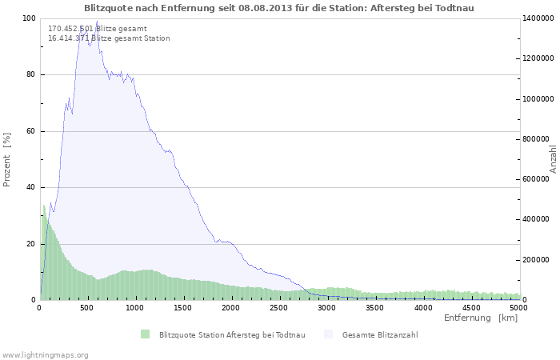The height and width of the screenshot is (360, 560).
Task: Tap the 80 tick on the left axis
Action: (30, 75)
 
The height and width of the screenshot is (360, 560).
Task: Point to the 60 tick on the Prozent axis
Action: (30, 131)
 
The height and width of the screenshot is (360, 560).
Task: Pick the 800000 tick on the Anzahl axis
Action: (535, 139)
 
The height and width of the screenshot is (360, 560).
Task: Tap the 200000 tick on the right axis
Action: (535, 260)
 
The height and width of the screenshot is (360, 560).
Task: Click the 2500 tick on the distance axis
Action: (279, 306)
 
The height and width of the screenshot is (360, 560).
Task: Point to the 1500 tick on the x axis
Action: (183, 306)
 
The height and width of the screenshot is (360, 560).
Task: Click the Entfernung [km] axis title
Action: (480, 318)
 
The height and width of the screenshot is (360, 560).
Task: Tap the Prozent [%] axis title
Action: (7, 160)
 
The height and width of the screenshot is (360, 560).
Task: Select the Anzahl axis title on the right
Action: (553, 158)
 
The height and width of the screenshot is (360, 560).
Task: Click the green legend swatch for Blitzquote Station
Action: (145, 334)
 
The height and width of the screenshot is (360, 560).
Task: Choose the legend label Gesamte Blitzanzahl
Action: (380, 334)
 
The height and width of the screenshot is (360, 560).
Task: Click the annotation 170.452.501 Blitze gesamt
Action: (97, 29)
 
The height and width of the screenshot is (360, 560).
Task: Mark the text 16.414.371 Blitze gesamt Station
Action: (109, 38)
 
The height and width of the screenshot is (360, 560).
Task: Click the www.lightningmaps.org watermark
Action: (45, 354)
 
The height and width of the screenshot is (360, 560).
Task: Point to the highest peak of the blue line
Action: (97, 22)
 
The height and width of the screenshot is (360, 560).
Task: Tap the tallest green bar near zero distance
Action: (44, 206)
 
